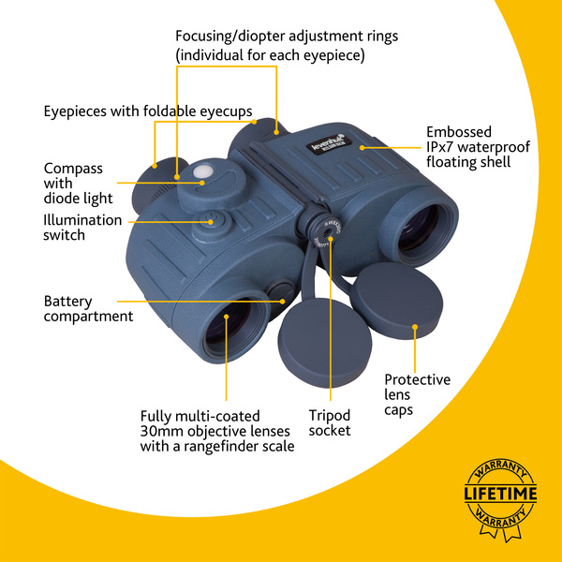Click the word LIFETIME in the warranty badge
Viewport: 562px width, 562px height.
(x=500, y=494)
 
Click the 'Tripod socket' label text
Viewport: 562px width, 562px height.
(x=330, y=422)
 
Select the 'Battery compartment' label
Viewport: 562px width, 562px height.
(x=88, y=309)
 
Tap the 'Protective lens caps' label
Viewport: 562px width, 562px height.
(x=418, y=394)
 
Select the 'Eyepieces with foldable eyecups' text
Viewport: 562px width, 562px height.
(x=148, y=111)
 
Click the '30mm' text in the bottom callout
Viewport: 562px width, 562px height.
(x=160, y=431)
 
